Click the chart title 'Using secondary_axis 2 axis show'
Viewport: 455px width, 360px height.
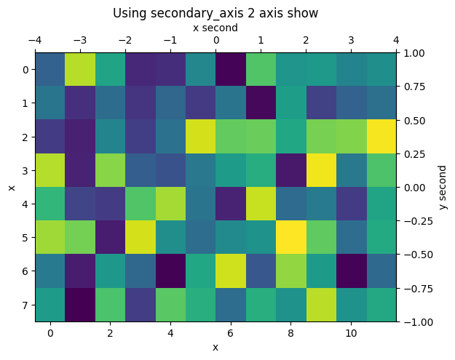215,13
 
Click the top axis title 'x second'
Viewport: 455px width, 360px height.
215,28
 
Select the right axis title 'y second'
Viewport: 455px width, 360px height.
443,187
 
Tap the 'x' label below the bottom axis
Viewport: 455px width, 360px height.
215,347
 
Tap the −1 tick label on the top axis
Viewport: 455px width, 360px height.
170,40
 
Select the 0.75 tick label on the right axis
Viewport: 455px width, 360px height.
415,86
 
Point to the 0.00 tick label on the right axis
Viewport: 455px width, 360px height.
415,187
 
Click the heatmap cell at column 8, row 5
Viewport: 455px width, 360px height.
291,238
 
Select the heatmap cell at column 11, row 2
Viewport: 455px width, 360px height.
382,137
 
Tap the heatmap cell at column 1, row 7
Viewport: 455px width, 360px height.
79,305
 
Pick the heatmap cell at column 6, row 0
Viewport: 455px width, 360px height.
231,69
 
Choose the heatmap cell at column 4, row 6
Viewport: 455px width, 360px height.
170,271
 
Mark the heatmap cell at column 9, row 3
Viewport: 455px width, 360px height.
322,170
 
